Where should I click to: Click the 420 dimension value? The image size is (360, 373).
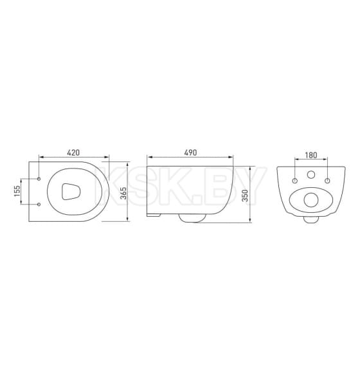73,152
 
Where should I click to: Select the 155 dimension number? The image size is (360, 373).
18,192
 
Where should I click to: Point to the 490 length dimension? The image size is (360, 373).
190,152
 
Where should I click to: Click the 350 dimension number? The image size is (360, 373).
245,195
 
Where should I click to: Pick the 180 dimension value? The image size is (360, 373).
310,155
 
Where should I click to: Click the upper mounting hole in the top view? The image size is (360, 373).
40,178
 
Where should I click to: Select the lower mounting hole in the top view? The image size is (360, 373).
40,205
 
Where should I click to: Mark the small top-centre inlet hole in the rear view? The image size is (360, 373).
310,175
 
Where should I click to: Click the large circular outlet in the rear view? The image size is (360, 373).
310,199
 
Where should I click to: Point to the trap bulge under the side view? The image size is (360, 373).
192,219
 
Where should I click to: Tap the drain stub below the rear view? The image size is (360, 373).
311,221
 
